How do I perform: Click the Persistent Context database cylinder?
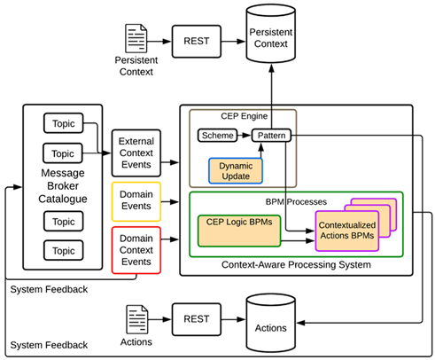pyautogui.click(x=271, y=34)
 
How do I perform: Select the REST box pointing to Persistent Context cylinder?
pyautogui.click(x=197, y=42)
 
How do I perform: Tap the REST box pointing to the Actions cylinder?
pyautogui.click(x=197, y=319)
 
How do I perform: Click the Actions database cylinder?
pyautogui.click(x=271, y=323)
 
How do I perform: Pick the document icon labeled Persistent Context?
pyautogui.click(x=136, y=38)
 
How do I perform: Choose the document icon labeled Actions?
pyautogui.click(x=137, y=319)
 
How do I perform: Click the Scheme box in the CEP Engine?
pyautogui.click(x=217, y=136)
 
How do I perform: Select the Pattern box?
pyautogui.click(x=271, y=136)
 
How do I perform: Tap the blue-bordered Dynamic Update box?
pyautogui.click(x=236, y=171)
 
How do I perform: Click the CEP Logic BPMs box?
pyautogui.click(x=239, y=231)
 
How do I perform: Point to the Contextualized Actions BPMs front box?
pyautogui.click(x=347, y=231)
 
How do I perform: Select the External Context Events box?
pyautogui.click(x=136, y=153)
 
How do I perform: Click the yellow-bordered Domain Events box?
pyautogui.click(x=136, y=201)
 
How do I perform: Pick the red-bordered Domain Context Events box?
pyautogui.click(x=136, y=250)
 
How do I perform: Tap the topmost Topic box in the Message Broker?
pyautogui.click(x=63, y=123)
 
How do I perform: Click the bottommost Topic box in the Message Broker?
pyautogui.click(x=63, y=250)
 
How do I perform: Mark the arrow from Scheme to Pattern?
pyautogui.click(x=245, y=136)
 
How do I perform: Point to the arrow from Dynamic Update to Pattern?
pyautogui.click(x=260, y=150)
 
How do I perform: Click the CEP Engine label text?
pyautogui.click(x=245, y=116)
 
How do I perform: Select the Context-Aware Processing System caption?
pyautogui.click(x=296, y=265)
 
